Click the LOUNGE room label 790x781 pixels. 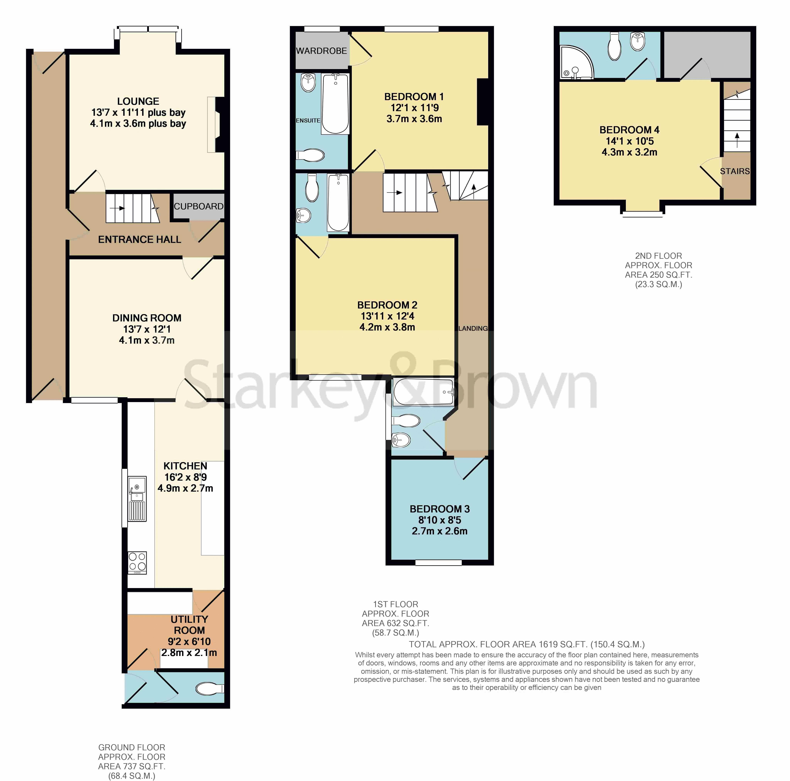pyautogui.click(x=138, y=101)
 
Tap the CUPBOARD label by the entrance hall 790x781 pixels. pyautogui.click(x=199, y=206)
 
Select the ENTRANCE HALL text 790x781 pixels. pyautogui.click(x=139, y=239)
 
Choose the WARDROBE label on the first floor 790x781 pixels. pyautogui.click(x=321, y=51)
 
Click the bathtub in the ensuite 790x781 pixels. pyautogui.click(x=335, y=104)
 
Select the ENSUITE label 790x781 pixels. pyautogui.click(x=308, y=120)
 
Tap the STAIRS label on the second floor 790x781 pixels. pyautogui.click(x=735, y=171)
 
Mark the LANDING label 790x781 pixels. pyautogui.click(x=473, y=328)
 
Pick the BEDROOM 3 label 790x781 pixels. pyautogui.click(x=440, y=509)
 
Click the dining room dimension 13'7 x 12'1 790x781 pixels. pyautogui.click(x=147, y=329)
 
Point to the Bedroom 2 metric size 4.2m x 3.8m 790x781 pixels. pyautogui.click(x=387, y=327)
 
